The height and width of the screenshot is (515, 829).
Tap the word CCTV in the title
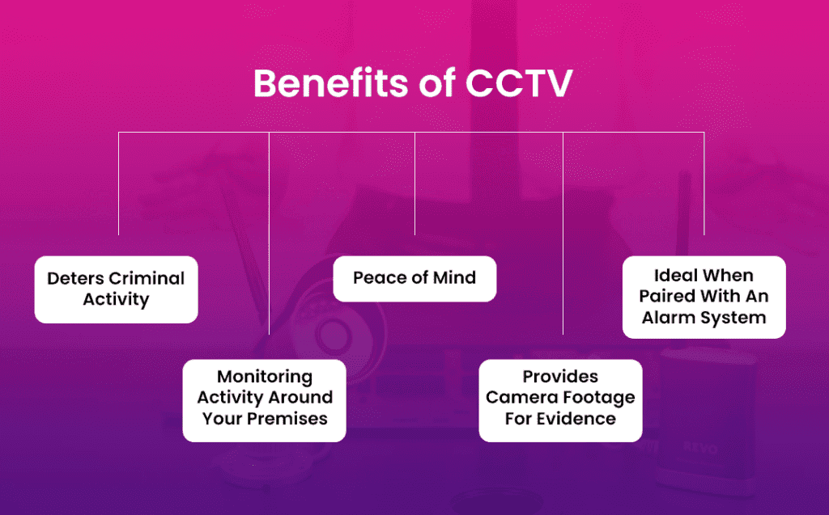(519, 83)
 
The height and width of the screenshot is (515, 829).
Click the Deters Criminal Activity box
(117, 289)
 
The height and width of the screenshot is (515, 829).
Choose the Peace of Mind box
(414, 279)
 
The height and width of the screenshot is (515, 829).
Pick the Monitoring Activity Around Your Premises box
(265, 400)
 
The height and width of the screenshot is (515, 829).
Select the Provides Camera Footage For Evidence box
(560, 400)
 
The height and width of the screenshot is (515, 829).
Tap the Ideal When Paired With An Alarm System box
(704, 297)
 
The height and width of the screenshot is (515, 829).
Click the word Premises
(287, 418)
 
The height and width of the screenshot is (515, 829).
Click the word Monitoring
(265, 377)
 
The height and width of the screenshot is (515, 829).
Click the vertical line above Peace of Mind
(415, 184)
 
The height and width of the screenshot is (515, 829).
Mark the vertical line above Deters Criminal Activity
(118, 184)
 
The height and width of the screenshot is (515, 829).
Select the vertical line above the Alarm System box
(704, 184)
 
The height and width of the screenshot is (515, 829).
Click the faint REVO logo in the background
(700, 449)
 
